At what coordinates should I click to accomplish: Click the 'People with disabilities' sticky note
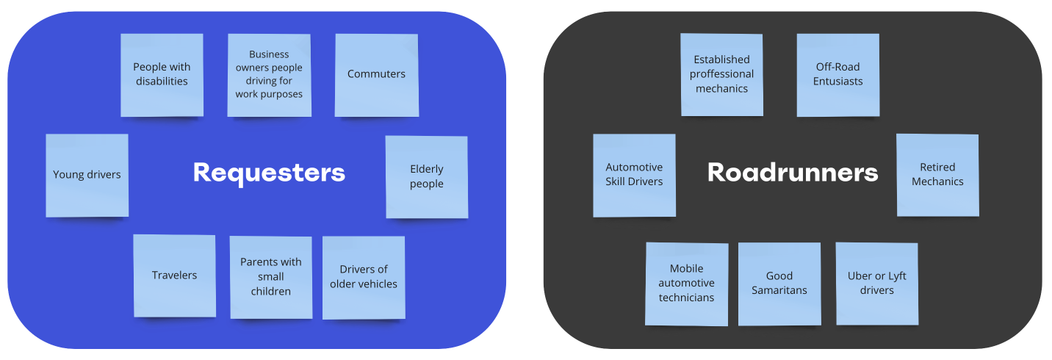(162, 74)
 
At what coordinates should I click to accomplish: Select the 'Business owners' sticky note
(269, 74)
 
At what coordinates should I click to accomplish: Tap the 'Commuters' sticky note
(376, 74)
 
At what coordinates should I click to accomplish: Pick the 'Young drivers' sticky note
(87, 175)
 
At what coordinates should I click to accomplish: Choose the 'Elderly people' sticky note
(427, 176)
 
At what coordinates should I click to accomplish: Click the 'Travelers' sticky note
(174, 276)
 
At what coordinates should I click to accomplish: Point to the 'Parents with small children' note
(271, 277)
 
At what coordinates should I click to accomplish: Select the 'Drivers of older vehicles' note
(364, 277)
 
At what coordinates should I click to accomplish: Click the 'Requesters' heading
(269, 173)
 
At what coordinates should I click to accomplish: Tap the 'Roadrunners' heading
(793, 173)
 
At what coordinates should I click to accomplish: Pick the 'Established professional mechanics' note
(722, 74)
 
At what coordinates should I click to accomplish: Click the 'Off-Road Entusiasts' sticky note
(838, 74)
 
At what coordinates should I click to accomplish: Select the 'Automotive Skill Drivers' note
(634, 175)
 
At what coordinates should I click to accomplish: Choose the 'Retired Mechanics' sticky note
(937, 175)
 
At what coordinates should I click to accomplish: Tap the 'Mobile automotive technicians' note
(687, 284)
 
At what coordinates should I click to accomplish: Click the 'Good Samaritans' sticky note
(779, 284)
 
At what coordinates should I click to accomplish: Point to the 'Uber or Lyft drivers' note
(877, 284)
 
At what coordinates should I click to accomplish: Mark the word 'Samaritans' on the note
(779, 290)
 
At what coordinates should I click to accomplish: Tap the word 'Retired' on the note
(937, 168)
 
